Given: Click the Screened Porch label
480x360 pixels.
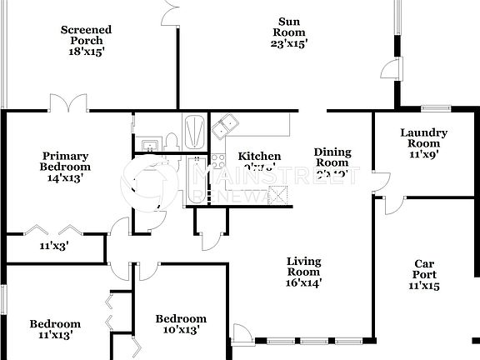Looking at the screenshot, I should tap(86, 40).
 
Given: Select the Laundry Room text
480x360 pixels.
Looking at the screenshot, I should tap(423, 142).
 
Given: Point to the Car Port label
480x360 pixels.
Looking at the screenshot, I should tap(423, 274).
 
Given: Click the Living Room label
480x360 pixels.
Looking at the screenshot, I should tap(304, 272).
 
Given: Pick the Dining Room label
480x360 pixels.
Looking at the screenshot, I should tap(332, 163).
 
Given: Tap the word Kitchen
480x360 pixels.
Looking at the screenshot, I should tap(259, 157).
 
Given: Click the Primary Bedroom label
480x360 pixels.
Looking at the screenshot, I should tap(66, 166).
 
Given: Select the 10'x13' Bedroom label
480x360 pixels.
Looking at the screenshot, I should tap(181, 325).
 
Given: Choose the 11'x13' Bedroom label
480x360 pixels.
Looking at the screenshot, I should tap(55, 329).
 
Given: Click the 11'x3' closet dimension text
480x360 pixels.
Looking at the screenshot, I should tap(56, 247).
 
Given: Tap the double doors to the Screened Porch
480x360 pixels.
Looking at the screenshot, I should tap(67, 104).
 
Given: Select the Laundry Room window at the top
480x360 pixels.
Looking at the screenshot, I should tap(435, 108).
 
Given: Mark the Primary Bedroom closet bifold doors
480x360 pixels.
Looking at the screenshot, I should tap(56, 229).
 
